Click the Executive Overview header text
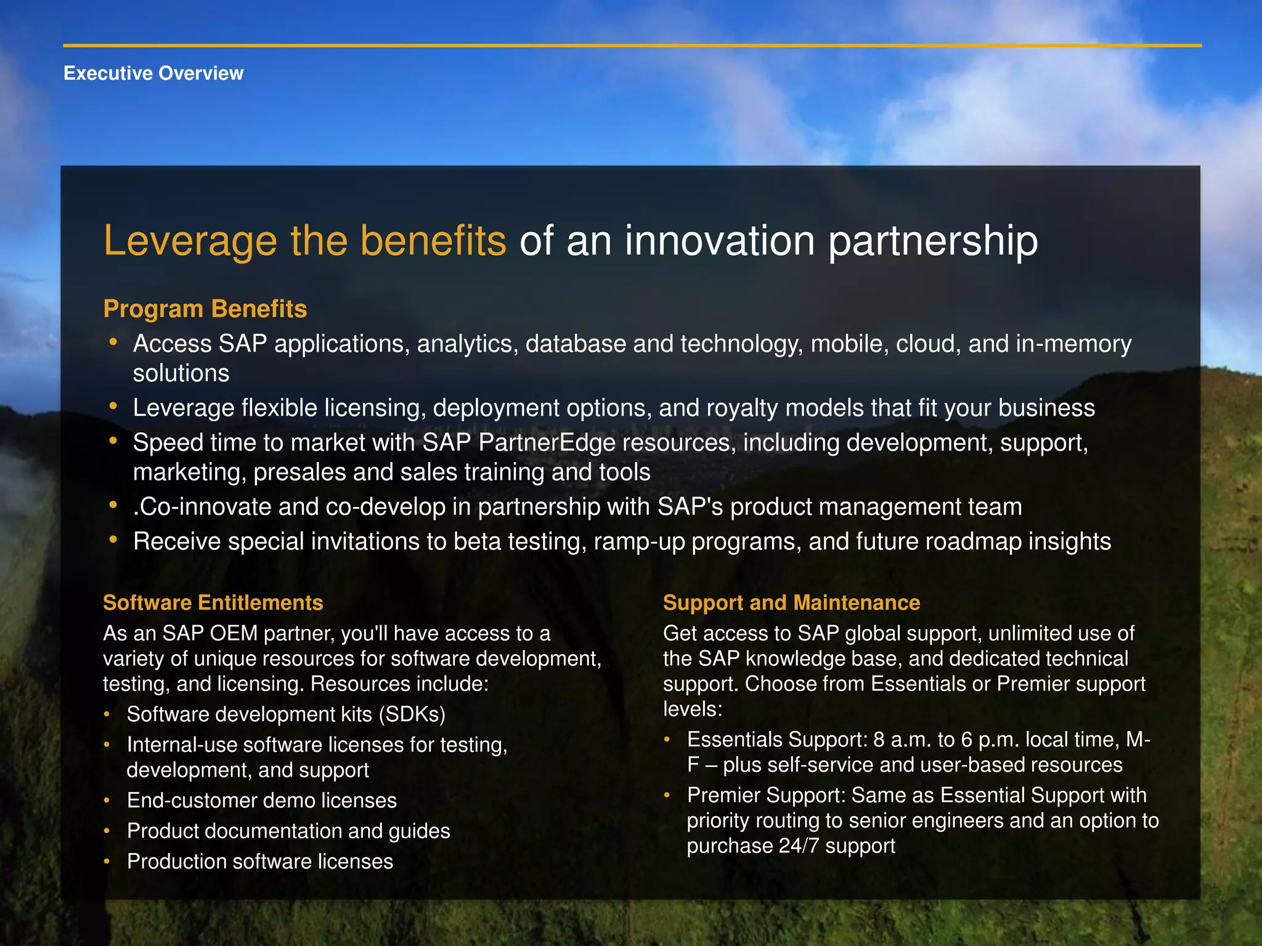[x=153, y=73]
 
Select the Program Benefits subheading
[x=205, y=309]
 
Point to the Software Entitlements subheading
[x=213, y=602]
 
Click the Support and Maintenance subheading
[x=791, y=602]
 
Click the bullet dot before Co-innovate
[x=113, y=506]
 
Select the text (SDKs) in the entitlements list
[x=412, y=714]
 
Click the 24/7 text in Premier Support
[x=799, y=846]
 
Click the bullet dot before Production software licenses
[x=107, y=862]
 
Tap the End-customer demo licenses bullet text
[x=262, y=801]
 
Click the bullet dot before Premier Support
[x=667, y=795]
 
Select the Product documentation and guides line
[x=288, y=831]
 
